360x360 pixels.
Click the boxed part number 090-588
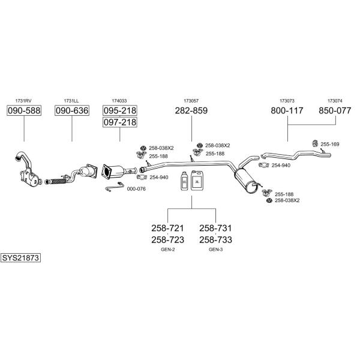point(24,110)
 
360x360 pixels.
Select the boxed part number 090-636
point(72,110)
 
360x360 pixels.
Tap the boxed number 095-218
point(119,110)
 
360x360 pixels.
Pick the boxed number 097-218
point(119,122)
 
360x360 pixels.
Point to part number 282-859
point(191,110)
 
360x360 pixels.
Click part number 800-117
point(287,110)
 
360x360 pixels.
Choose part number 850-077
point(335,110)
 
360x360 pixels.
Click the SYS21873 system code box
point(20,258)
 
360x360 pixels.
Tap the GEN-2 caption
point(167,250)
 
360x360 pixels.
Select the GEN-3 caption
point(215,250)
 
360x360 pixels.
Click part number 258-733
point(215,240)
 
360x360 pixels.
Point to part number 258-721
point(167,228)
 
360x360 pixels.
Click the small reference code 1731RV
point(23,101)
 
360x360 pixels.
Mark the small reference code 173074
point(335,101)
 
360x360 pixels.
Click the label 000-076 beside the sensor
point(136,189)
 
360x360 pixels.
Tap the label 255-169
point(329,144)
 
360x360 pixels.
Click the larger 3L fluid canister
point(197,181)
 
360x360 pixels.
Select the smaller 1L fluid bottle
point(184,181)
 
